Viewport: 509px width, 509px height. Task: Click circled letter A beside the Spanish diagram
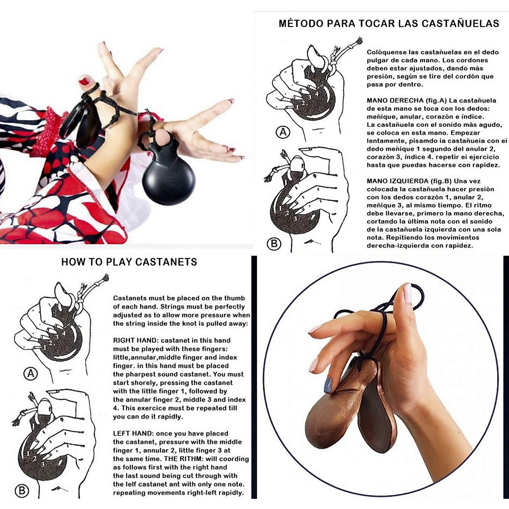click(283, 132)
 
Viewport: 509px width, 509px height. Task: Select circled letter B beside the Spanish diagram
click(274, 243)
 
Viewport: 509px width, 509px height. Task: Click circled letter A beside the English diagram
click(31, 374)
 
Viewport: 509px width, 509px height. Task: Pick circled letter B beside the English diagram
click(21, 491)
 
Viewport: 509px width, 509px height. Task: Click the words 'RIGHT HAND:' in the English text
click(136, 340)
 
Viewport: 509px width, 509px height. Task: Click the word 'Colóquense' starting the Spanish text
click(386, 52)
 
